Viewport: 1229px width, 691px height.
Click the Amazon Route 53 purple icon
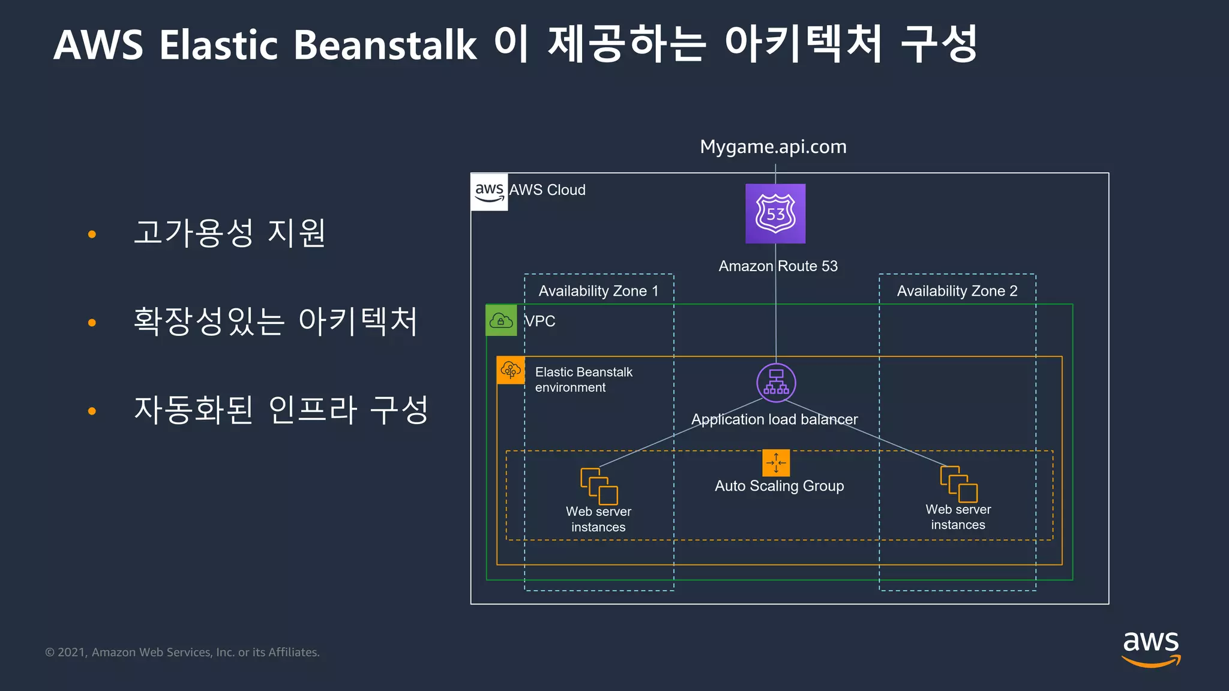click(x=775, y=214)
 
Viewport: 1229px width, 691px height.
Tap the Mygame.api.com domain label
click(x=773, y=146)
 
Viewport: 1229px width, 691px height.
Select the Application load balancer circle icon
click(x=776, y=383)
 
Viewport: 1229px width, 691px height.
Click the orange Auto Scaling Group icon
click(x=776, y=463)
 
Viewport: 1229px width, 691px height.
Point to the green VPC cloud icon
click(x=501, y=320)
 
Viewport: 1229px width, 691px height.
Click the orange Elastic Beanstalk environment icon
click(x=511, y=370)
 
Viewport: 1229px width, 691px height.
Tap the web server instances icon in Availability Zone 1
click(x=599, y=486)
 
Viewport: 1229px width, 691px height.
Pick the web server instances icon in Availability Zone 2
click(x=958, y=483)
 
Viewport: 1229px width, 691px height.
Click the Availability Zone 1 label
click(x=598, y=291)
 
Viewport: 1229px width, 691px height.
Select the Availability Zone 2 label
click(x=957, y=291)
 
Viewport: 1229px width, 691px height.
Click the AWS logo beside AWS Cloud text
click(x=489, y=192)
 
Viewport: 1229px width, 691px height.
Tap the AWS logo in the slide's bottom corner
click(x=1150, y=648)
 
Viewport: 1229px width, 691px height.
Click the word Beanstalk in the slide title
click(x=385, y=45)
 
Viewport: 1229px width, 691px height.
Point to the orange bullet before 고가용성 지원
click(x=92, y=234)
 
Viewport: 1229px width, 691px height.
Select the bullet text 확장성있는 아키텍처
click(x=275, y=321)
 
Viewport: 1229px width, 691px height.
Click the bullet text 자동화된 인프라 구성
click(x=281, y=410)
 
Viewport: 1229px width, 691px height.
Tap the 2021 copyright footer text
click(x=182, y=652)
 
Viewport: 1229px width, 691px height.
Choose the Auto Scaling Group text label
click(x=779, y=486)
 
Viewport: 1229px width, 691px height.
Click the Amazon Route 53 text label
click(x=778, y=266)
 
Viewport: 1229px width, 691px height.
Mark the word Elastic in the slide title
click(x=218, y=45)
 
